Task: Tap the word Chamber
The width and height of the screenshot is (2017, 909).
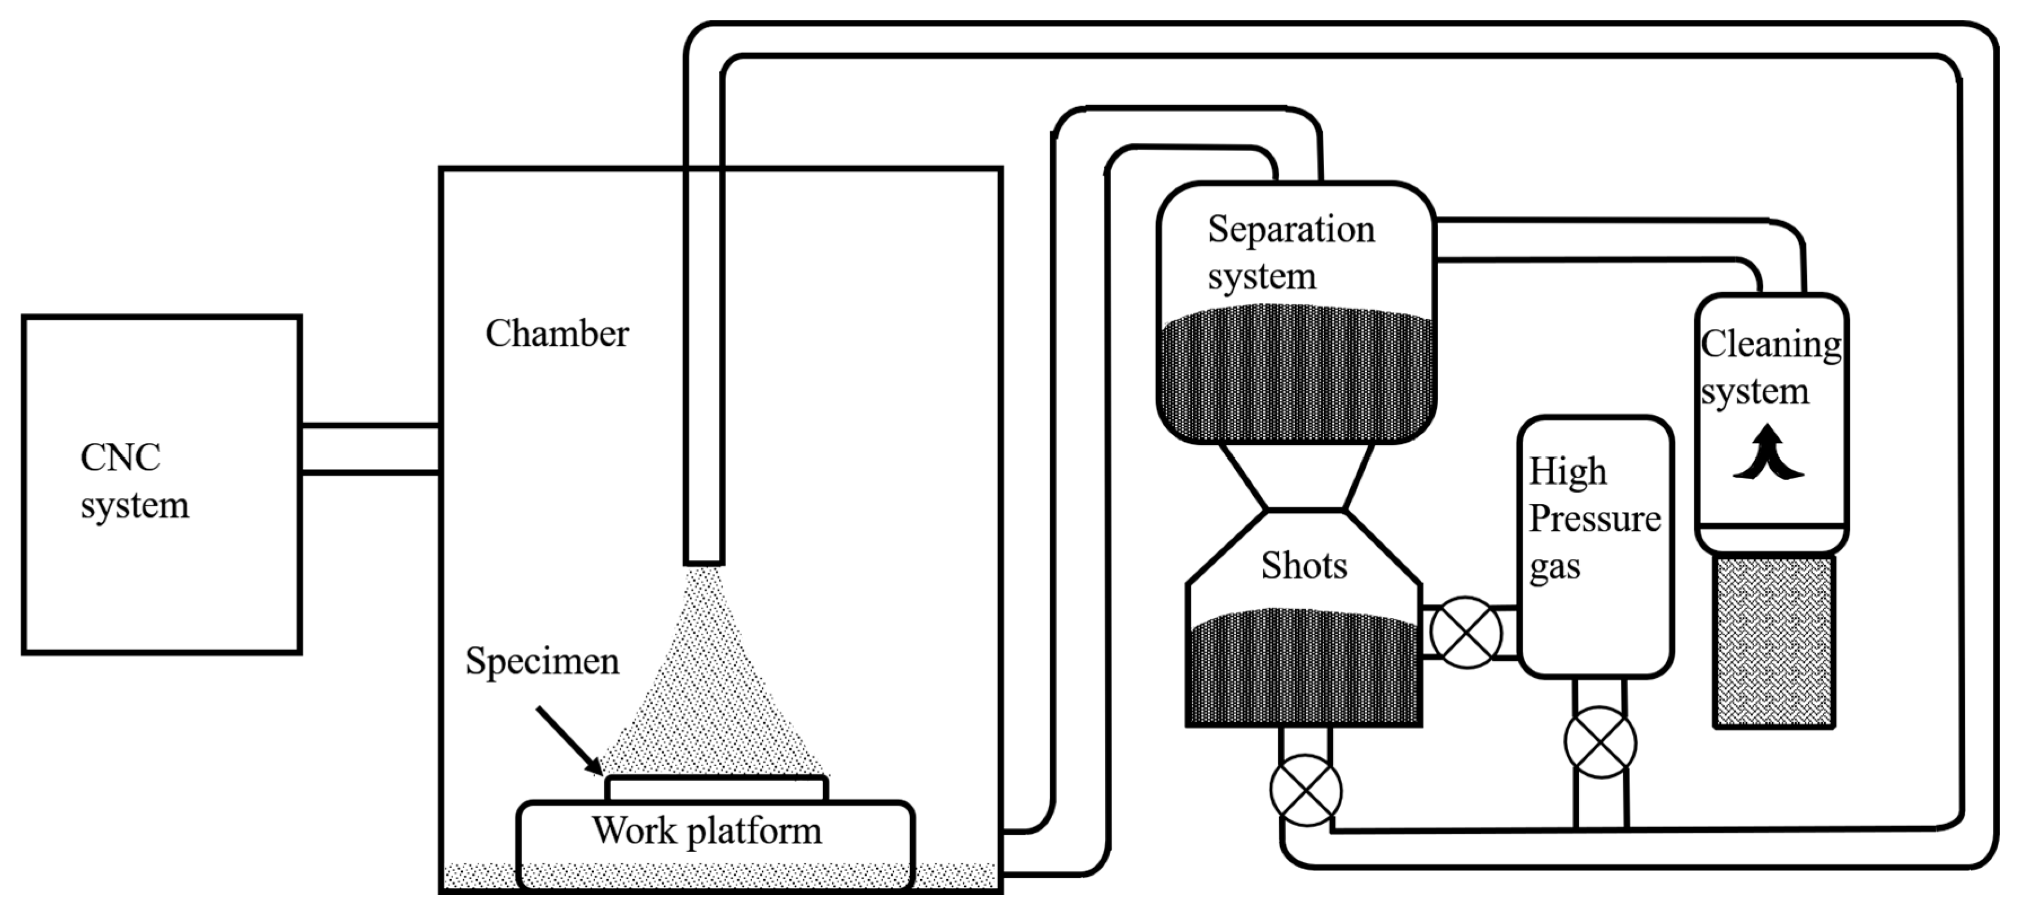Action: click(557, 333)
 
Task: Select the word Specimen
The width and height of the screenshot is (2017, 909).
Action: click(542, 661)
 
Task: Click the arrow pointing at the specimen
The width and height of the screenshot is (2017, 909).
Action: click(569, 740)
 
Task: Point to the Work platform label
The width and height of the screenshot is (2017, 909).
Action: click(706, 831)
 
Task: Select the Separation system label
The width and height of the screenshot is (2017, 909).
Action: click(1290, 252)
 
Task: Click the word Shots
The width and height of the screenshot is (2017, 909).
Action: click(1304, 565)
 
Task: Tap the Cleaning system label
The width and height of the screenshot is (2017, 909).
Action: click(1769, 367)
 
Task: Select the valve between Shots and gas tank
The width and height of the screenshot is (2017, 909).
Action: click(1466, 633)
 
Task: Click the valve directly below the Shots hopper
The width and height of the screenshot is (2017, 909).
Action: click(1305, 790)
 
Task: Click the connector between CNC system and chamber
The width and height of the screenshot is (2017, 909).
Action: click(370, 449)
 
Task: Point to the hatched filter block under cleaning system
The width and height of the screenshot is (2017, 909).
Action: click(1773, 642)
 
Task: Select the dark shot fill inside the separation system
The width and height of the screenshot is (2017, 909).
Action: click(1296, 376)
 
